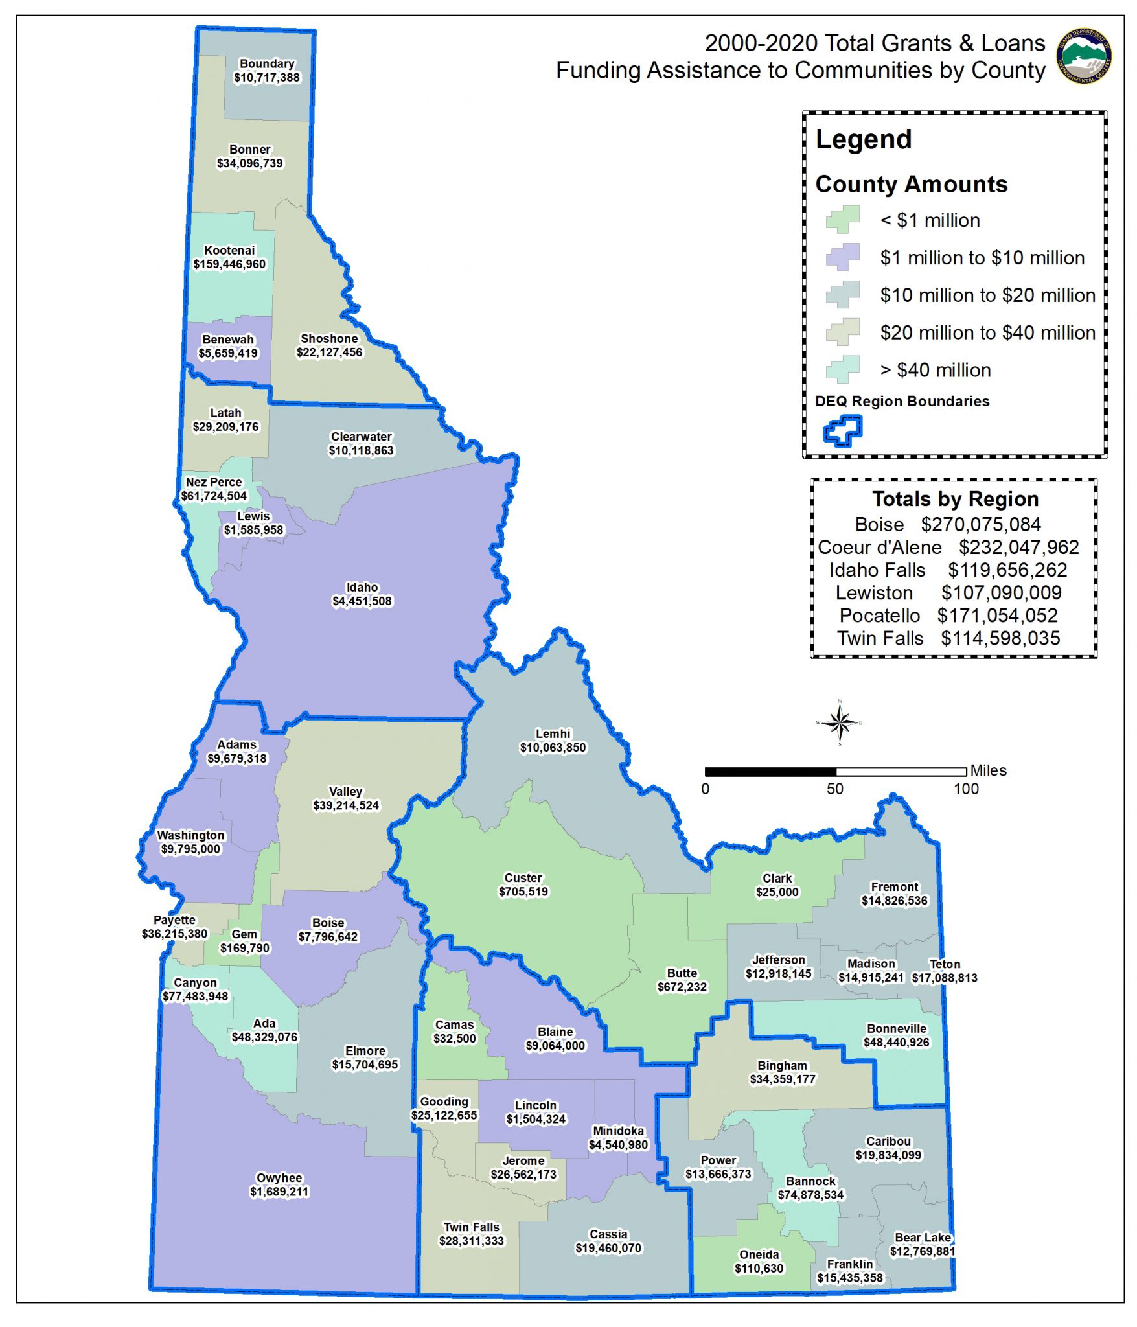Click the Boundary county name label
click(x=267, y=63)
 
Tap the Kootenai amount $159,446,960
click(x=229, y=264)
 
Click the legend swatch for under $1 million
click(x=843, y=220)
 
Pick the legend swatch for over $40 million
click(x=843, y=369)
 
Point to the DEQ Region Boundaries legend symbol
click(x=842, y=430)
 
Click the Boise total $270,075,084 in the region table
click(x=981, y=524)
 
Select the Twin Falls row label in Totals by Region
click(x=880, y=638)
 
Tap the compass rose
click(x=840, y=722)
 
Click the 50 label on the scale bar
click(x=834, y=789)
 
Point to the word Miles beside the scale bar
click(x=988, y=770)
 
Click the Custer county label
click(x=523, y=878)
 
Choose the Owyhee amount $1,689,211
click(x=279, y=1192)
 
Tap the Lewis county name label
click(x=253, y=516)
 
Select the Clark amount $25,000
click(x=777, y=892)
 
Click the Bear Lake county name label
click(x=923, y=1238)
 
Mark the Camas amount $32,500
click(x=454, y=1039)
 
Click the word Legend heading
click(x=863, y=139)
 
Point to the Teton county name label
click(x=945, y=964)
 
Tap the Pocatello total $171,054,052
click(x=997, y=616)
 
